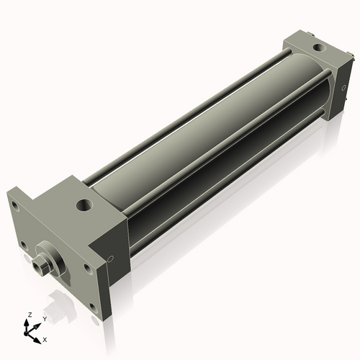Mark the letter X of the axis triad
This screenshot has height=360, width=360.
coord(45,338)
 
